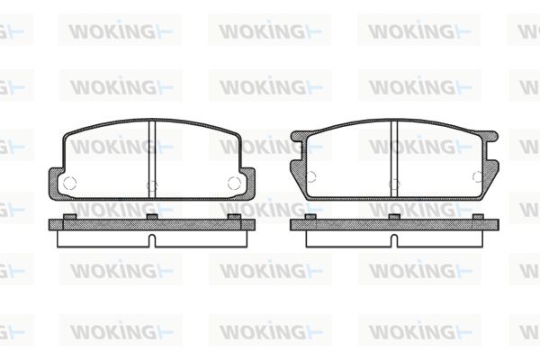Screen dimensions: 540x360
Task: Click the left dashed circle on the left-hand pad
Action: point(69,183)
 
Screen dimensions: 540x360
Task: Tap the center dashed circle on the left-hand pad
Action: point(152,186)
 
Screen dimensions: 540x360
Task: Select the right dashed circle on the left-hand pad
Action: point(235,183)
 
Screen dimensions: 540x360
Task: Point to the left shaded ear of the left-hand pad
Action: point(55,184)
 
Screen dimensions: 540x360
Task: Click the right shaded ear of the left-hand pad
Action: point(249,184)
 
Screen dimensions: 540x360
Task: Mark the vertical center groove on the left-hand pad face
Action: point(152,158)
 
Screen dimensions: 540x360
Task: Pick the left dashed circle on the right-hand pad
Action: point(310,176)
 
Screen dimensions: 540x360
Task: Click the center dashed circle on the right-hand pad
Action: point(395,184)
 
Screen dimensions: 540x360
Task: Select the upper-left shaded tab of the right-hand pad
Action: point(298,136)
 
